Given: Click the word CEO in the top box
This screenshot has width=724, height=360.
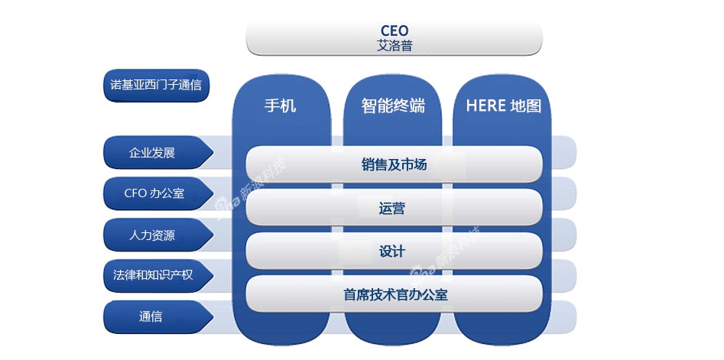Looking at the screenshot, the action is (x=394, y=31).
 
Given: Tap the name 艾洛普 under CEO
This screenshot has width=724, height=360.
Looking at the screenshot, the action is (x=394, y=46).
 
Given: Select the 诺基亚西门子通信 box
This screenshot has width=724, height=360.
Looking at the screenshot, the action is (x=156, y=86).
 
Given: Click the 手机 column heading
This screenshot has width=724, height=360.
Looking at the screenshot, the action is (x=280, y=105).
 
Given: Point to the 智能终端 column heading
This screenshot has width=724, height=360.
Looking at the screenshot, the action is (x=393, y=105).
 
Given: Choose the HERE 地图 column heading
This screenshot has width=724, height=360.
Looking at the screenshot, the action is (x=503, y=105).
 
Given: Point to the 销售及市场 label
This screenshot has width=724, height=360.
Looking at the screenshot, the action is (x=394, y=164).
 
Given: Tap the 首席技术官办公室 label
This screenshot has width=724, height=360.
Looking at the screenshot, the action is (x=395, y=294).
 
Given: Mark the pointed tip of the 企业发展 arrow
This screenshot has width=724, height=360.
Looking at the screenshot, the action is (x=213, y=152).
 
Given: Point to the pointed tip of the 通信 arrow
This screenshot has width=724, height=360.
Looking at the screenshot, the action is (x=213, y=317).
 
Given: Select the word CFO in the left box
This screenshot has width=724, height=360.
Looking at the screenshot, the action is (x=135, y=193).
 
